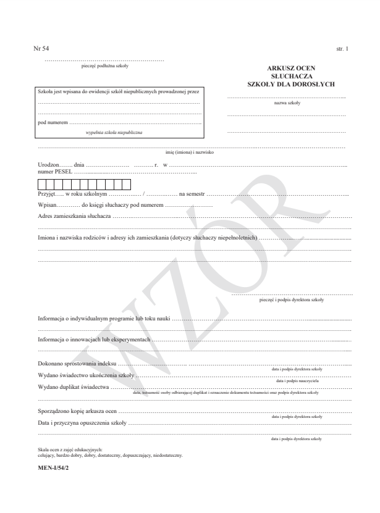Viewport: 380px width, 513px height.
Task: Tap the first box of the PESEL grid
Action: [x=42, y=183]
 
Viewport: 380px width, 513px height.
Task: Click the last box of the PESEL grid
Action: [x=126, y=183]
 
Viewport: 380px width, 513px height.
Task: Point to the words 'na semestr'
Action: [x=192, y=194]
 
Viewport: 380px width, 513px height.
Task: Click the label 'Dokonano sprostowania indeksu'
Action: [x=77, y=365]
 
